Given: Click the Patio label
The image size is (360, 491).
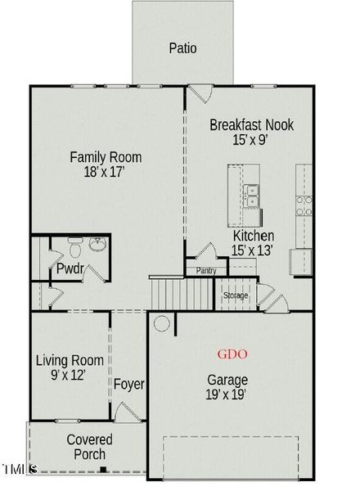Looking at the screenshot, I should click(183, 48).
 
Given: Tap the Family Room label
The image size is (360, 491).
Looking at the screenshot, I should click(106, 157).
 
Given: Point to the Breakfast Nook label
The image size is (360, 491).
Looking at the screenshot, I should click(251, 125).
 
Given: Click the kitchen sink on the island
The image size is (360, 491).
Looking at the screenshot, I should click(253, 196).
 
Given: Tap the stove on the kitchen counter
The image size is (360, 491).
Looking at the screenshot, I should click(304, 203).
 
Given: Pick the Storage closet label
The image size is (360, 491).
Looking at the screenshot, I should click(236, 295).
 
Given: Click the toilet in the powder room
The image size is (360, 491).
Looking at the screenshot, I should click(74, 245).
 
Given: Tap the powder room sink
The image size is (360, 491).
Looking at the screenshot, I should click(97, 245).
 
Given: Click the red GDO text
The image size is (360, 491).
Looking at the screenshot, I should click(232, 354).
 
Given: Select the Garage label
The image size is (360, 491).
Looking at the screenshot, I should click(228, 381).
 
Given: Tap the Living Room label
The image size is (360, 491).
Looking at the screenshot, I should click(70, 360).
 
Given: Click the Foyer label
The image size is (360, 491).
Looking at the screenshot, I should click(128, 385).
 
